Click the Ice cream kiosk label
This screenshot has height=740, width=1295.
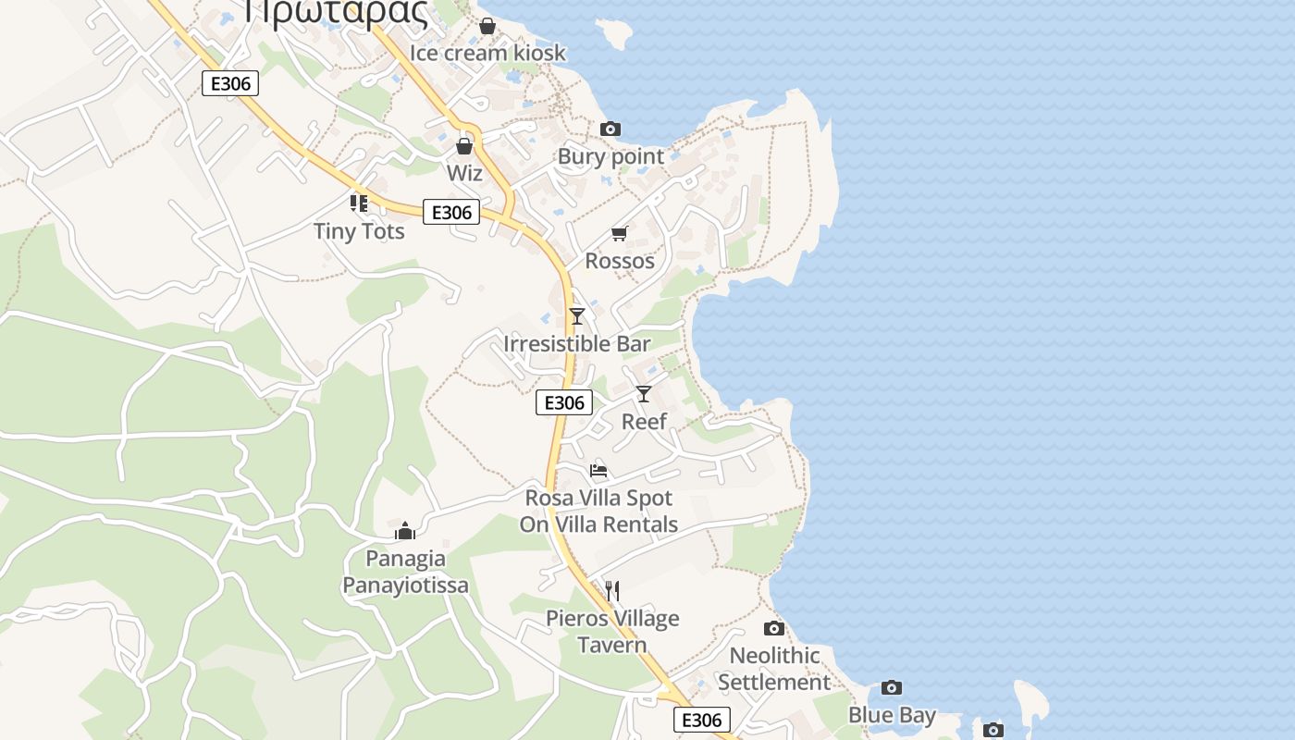click(x=487, y=53)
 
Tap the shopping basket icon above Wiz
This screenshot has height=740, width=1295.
click(x=464, y=146)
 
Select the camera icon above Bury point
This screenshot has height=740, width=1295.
click(x=610, y=129)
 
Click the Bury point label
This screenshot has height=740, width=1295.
click(x=610, y=156)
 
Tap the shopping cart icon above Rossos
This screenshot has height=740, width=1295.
click(x=619, y=234)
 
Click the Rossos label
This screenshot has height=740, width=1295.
click(x=620, y=261)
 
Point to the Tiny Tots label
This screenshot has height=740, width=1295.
click(x=359, y=231)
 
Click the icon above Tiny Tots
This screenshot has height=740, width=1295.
click(x=359, y=203)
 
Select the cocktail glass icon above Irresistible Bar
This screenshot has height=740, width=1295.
click(x=577, y=316)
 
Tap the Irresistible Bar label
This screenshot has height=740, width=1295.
click(x=577, y=344)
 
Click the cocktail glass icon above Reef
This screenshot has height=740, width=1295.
click(x=644, y=394)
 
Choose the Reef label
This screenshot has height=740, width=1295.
click(x=644, y=422)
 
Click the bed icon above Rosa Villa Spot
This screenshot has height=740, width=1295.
click(x=598, y=471)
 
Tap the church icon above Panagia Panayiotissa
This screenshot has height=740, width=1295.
click(x=405, y=531)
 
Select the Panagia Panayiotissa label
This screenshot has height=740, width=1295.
click(x=405, y=572)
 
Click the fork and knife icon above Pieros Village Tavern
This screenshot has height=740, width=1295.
click(x=611, y=590)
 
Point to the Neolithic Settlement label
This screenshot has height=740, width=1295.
click(x=774, y=669)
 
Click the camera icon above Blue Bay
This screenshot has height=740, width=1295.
click(x=892, y=687)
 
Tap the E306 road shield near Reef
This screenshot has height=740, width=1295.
click(x=564, y=402)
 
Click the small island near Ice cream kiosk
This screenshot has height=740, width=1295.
click(x=615, y=34)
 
